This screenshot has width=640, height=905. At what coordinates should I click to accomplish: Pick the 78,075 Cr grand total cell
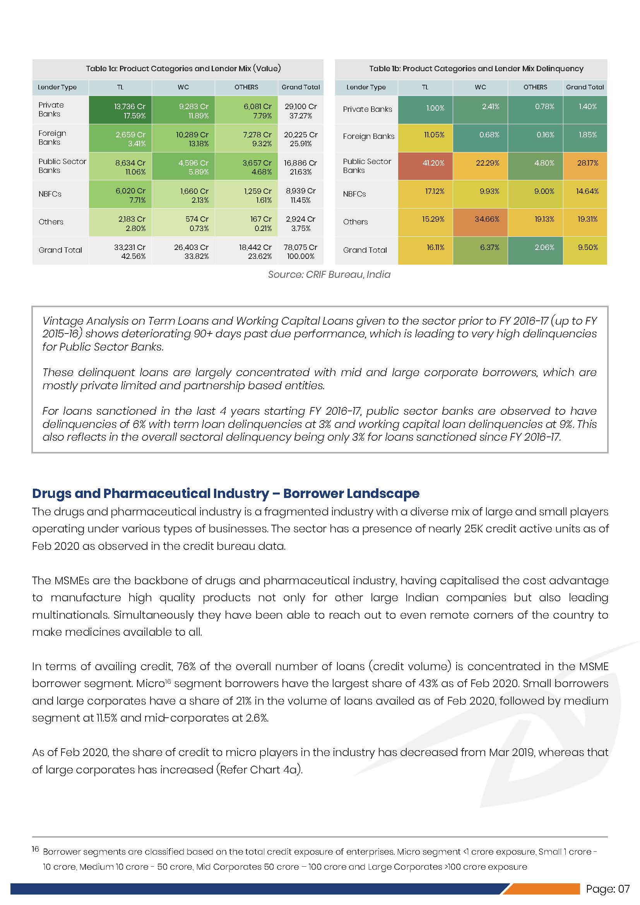point(300,251)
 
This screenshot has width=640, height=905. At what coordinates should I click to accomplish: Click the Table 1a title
point(183,68)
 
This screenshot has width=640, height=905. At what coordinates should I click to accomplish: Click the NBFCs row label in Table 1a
point(50,194)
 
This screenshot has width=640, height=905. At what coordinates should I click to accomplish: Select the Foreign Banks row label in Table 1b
point(368,136)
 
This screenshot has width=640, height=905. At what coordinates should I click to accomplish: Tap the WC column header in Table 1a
point(183,87)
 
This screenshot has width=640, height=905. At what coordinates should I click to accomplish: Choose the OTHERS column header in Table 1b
point(535,87)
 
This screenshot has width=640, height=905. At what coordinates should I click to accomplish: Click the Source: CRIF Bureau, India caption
point(329,274)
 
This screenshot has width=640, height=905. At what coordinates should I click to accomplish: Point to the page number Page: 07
point(607,889)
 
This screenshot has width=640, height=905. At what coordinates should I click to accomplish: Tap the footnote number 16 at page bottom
point(36,849)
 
